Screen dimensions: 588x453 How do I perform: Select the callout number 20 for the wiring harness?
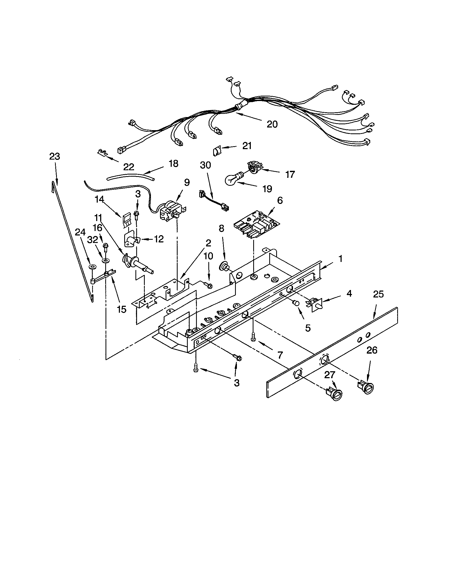pos(272,124)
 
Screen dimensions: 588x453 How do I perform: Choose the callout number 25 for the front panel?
pos(378,294)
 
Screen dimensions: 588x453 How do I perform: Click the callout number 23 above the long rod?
pos(54,156)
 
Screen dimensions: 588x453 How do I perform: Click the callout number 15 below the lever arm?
pos(122,309)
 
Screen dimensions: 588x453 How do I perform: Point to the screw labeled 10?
pos(209,284)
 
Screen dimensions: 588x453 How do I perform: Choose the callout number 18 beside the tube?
pos(174,163)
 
